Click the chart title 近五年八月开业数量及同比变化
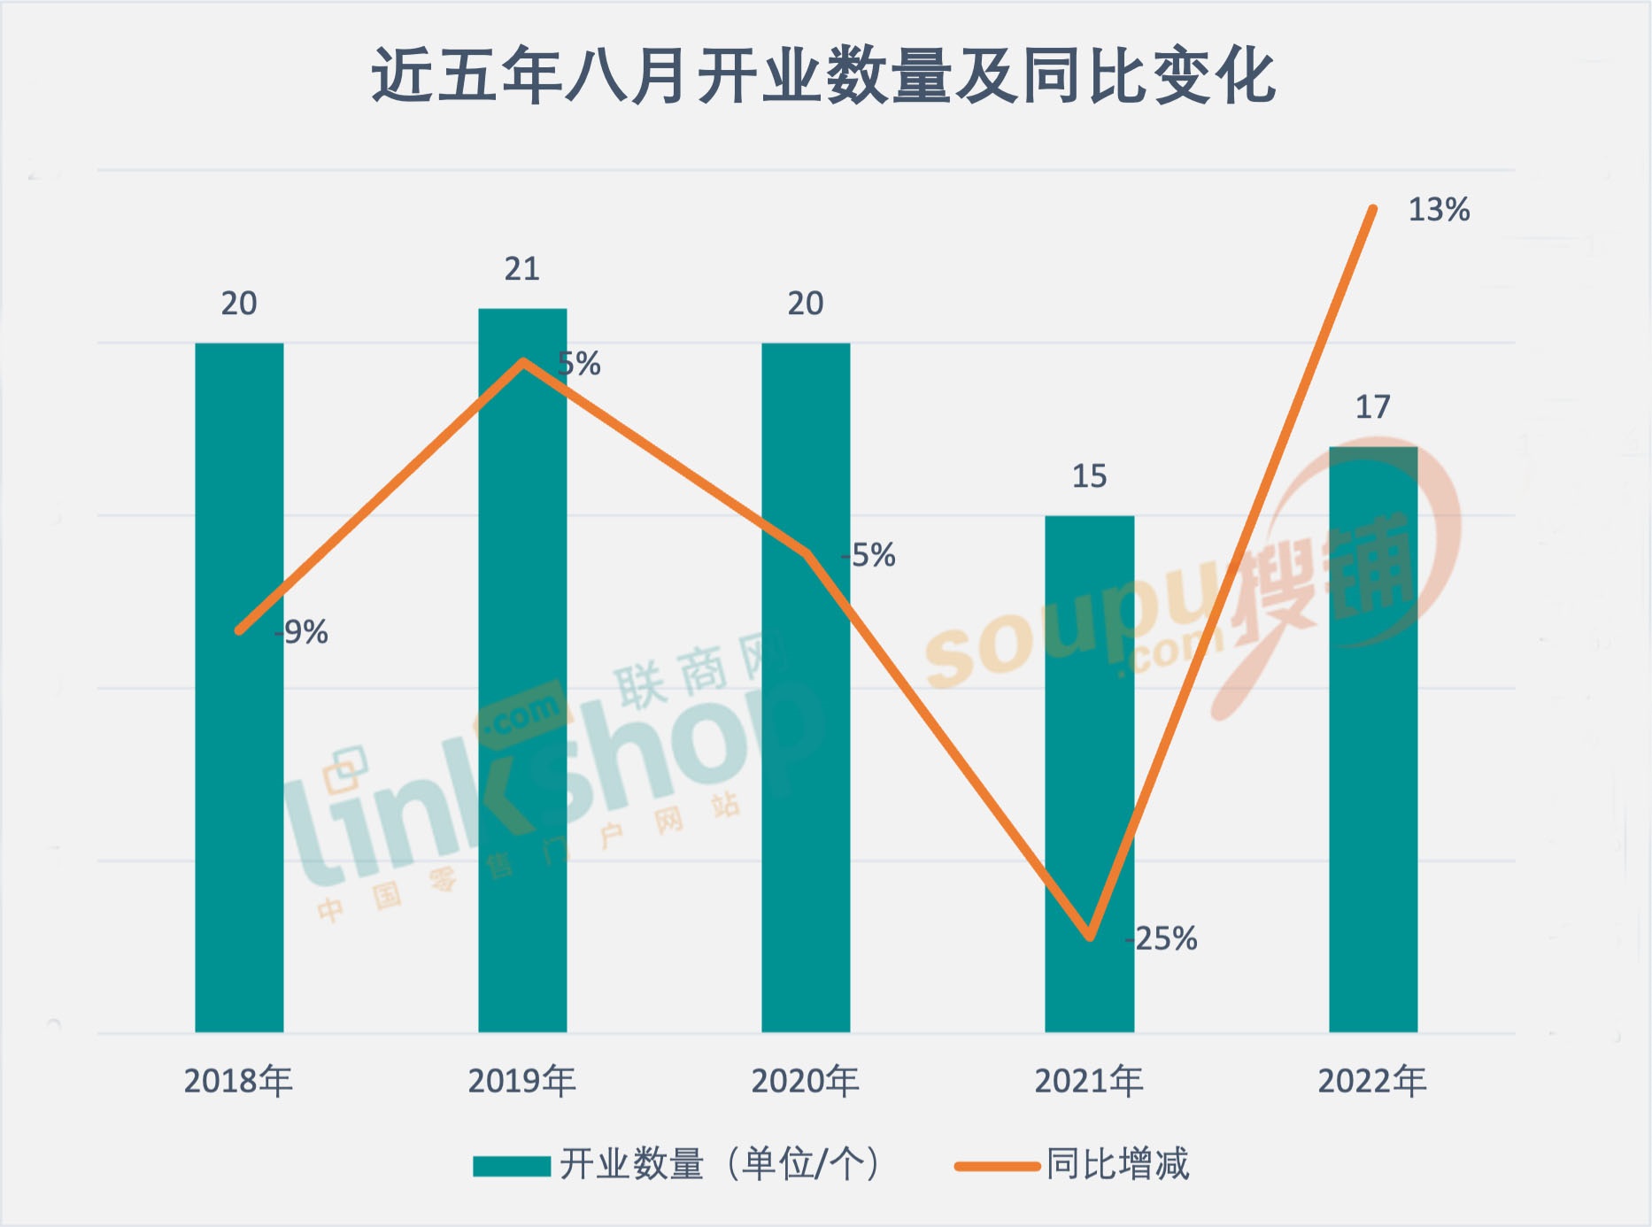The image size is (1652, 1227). pos(823,76)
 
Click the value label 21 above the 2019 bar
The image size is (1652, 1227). pos(522,269)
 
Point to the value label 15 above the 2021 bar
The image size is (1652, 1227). pos(1089,476)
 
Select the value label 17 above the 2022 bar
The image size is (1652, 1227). pos(1373,407)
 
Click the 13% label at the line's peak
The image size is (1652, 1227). pos(1439,210)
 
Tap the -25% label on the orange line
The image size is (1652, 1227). pos(1162,938)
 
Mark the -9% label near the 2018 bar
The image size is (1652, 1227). pos(302,632)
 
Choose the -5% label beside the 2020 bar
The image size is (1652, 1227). pos(869,555)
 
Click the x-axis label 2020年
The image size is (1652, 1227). pos(805,1081)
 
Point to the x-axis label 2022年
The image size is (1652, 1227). pos(1372,1081)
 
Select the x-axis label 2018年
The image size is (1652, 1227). pos(238,1081)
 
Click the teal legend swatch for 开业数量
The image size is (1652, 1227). pos(512,1166)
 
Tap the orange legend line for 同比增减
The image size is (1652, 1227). pos(997,1166)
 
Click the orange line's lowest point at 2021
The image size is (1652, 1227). pos(1090,936)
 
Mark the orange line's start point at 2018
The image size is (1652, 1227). pos(239,630)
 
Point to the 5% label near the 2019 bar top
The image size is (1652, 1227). pos(580,364)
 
